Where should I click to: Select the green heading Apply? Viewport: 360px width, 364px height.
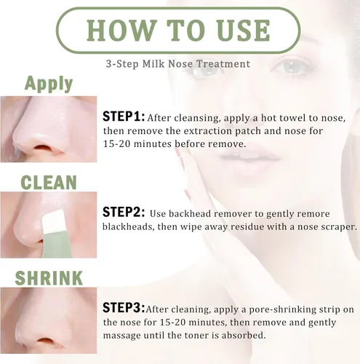[49, 84]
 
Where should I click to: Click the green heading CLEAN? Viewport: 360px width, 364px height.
[49, 182]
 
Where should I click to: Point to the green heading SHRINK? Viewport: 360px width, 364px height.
[49, 278]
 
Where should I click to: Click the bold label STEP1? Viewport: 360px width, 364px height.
[124, 116]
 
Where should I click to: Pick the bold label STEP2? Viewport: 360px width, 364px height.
[124, 212]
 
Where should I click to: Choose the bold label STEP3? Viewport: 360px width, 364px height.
[124, 307]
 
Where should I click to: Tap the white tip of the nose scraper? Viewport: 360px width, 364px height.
[54, 221]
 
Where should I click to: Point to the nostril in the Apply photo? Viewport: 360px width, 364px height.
[43, 148]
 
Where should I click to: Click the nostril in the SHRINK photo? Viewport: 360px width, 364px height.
[43, 340]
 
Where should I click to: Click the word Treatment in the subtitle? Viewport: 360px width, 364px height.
[223, 64]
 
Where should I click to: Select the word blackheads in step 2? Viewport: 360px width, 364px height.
[129, 227]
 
